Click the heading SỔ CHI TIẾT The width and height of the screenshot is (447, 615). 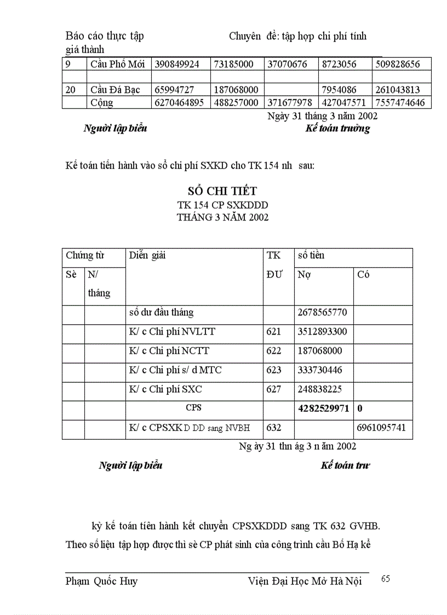(222, 191)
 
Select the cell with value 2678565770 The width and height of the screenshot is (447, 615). (323, 313)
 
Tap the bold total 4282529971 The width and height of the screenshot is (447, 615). (323, 409)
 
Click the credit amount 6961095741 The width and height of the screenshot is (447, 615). (382, 428)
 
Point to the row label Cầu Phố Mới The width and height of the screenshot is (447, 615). (117, 64)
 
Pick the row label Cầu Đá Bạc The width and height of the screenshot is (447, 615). (116, 90)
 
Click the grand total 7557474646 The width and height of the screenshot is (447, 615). (399, 102)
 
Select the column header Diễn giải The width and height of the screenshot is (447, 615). (148, 255)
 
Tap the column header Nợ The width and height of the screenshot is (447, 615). (305, 274)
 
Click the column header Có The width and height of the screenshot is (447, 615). (363, 274)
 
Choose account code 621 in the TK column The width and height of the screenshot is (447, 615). (273, 332)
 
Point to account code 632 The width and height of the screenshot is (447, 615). (273, 428)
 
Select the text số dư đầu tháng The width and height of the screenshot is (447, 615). (162, 313)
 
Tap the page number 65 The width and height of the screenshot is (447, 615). (385, 579)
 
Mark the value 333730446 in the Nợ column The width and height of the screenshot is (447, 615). (320, 370)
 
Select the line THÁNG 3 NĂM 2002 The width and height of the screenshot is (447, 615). (222, 217)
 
